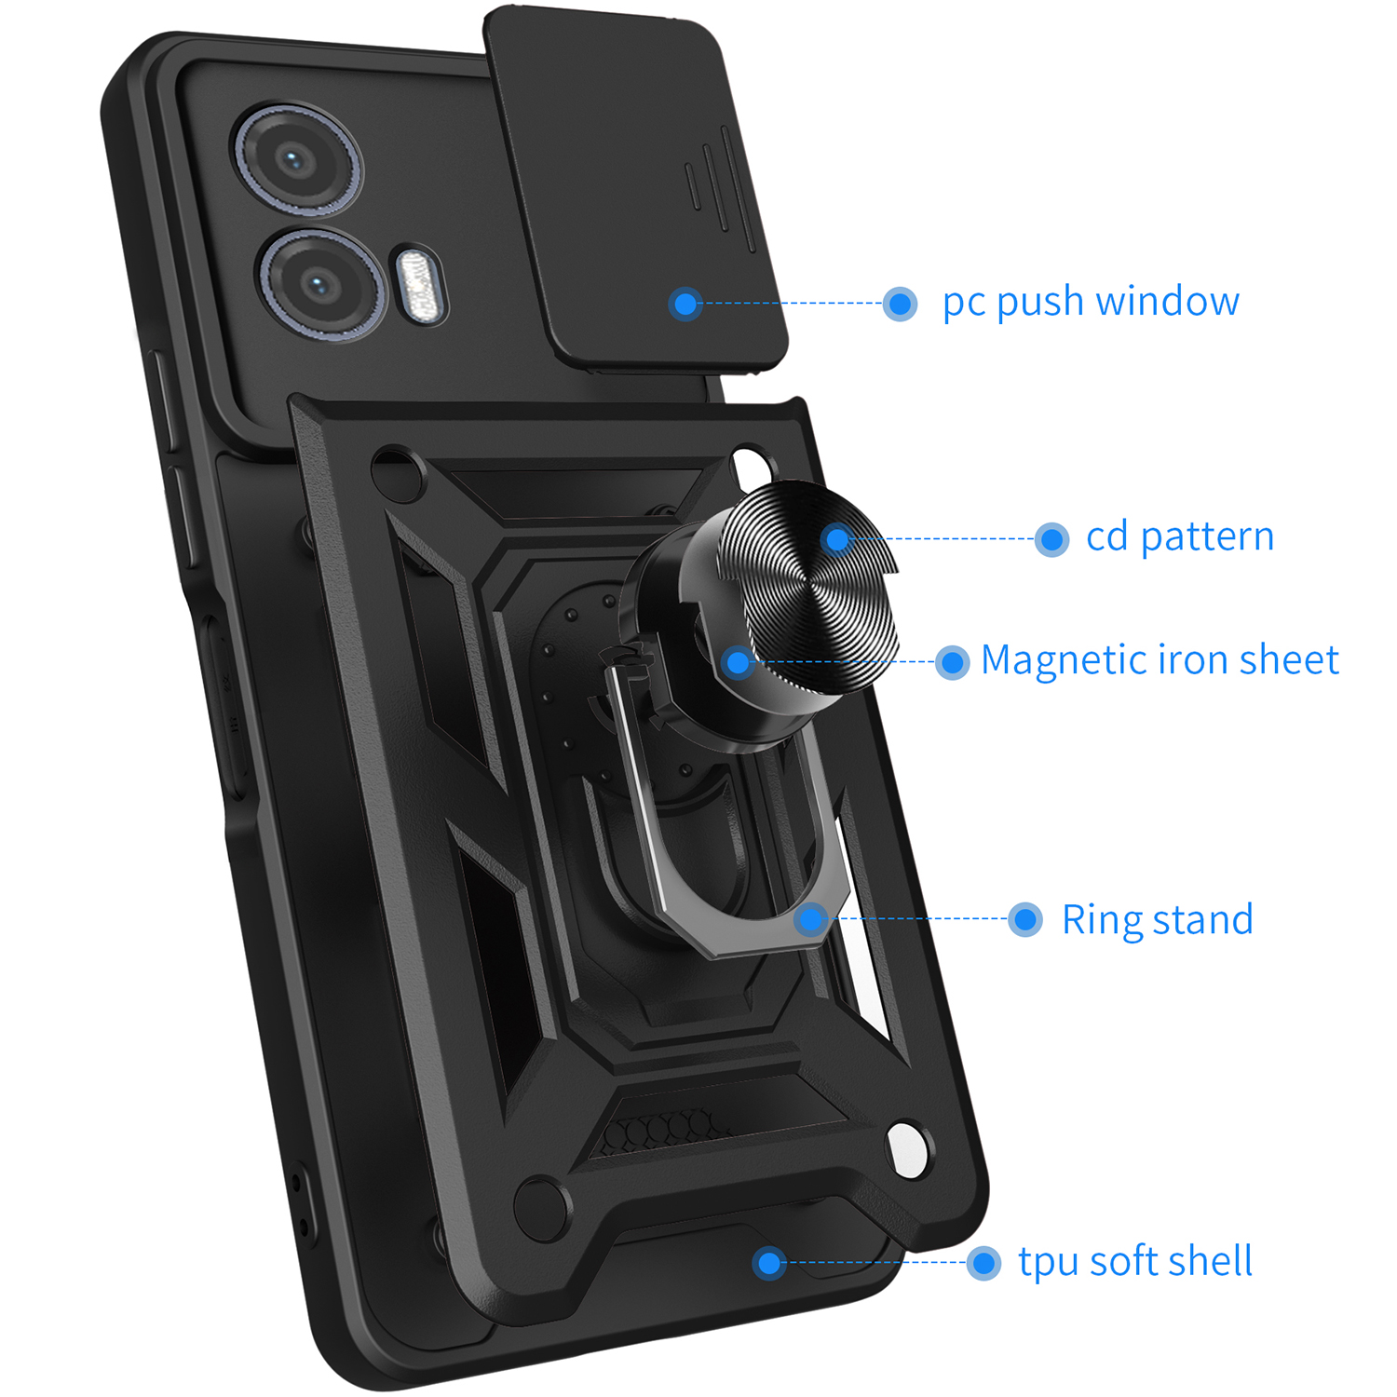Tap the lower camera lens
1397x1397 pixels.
[x=319, y=283]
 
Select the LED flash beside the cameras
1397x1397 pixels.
[x=419, y=285]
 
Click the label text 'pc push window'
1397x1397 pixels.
[x=1090, y=302]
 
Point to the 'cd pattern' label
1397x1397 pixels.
[x=1179, y=537]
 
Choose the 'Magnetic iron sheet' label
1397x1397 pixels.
[x=1159, y=660]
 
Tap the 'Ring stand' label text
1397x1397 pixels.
[x=1157, y=920]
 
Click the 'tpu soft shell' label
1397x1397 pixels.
[x=1134, y=1262]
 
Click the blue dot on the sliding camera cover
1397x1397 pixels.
[x=685, y=304]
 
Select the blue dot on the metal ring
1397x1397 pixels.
[x=811, y=919]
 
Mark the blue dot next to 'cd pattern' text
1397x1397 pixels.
[x=1051, y=539]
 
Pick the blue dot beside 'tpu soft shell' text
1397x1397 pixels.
[x=983, y=1264]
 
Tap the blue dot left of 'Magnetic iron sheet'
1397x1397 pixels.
[x=952, y=662]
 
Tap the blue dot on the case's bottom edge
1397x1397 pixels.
[x=769, y=1264]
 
